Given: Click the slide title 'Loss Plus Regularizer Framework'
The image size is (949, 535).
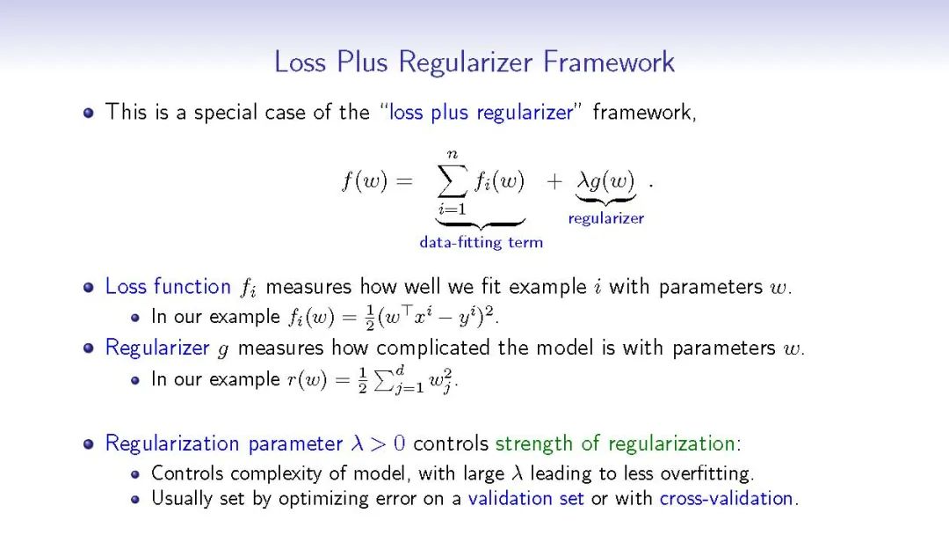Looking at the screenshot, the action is tap(474, 62).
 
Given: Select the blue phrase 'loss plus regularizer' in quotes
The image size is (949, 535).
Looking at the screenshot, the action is tap(481, 113).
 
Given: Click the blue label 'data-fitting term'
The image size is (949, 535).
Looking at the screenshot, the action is tap(481, 242).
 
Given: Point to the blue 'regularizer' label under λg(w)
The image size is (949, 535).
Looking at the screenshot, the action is tap(605, 218).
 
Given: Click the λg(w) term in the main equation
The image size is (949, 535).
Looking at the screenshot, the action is tap(605, 182).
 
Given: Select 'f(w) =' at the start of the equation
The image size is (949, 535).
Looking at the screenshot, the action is tap(377, 182).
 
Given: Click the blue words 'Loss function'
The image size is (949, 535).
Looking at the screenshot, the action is tap(168, 287).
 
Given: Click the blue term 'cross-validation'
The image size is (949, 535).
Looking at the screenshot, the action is tap(727, 498).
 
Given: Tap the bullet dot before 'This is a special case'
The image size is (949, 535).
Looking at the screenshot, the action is tap(89, 114).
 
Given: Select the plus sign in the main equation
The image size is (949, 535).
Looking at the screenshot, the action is tap(554, 182).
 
